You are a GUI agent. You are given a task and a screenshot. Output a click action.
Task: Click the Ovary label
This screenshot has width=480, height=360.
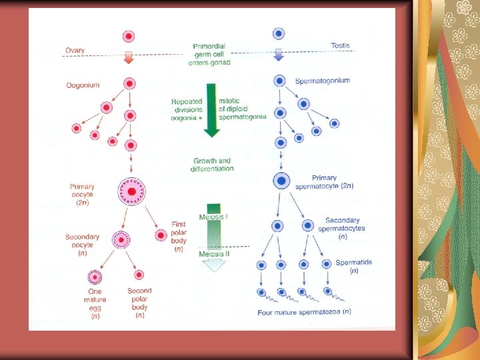[x=75, y=49]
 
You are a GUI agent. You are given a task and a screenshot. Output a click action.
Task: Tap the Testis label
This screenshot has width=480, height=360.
[x=340, y=45]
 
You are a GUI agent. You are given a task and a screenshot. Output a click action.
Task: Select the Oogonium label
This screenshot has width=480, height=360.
[x=83, y=85]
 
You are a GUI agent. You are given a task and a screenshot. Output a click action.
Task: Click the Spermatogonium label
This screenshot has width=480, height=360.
[x=322, y=81]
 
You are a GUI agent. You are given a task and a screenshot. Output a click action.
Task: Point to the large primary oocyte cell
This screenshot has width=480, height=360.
[x=132, y=192]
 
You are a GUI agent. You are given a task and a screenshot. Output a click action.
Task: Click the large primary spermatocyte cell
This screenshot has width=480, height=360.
[x=281, y=180]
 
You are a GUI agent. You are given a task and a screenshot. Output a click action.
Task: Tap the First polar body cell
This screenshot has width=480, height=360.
[x=161, y=235]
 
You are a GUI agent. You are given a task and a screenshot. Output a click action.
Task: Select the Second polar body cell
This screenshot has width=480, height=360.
[x=138, y=275]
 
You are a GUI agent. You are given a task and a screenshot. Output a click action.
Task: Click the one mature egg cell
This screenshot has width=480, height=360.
[x=95, y=277]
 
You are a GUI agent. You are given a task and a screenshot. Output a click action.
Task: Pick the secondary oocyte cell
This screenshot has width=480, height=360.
[x=121, y=239]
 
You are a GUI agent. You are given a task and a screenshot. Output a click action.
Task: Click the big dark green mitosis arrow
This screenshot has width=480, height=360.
[x=211, y=110]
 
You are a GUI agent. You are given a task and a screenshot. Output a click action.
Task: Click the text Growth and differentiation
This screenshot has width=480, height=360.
[x=213, y=165]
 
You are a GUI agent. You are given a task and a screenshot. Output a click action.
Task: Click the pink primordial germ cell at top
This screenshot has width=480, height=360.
[x=129, y=35]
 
